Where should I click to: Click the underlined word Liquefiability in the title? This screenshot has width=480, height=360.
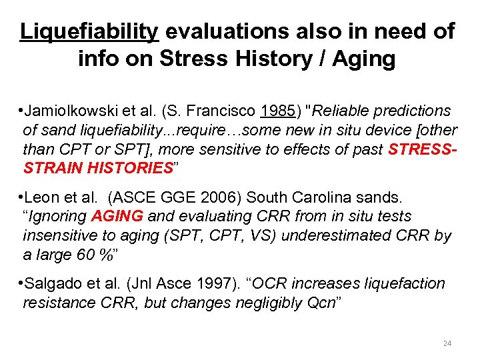point(89,31)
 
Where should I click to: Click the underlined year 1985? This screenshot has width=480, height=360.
point(279,111)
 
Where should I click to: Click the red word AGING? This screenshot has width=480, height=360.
point(117,217)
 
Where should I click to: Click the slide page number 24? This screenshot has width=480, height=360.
point(447,343)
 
